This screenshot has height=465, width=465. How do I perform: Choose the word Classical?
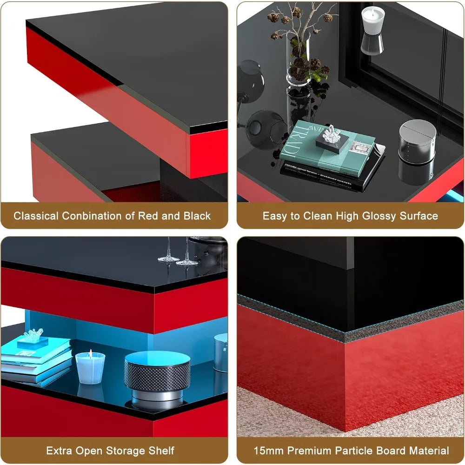coord(36,216)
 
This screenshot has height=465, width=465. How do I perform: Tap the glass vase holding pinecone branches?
coord(299,60)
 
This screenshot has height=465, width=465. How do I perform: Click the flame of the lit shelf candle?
coord(90,353)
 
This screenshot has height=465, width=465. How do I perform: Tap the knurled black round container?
coord(157,372)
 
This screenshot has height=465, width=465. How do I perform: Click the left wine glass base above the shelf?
coord(168,259)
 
